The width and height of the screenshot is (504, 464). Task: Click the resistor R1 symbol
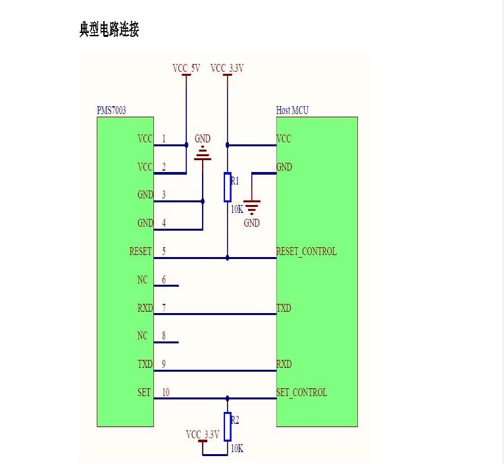coord(228,187)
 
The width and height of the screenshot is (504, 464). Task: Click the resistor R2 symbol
coord(228,426)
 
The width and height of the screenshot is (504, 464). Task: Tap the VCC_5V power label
coord(186,69)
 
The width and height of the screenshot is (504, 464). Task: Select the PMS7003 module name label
coord(112,111)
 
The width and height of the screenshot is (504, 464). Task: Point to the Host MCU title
coord(292,110)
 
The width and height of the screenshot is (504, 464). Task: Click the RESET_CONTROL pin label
coord(307,251)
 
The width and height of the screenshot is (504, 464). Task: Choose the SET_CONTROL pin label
coord(301,392)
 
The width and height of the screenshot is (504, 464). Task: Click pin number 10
coord(166,392)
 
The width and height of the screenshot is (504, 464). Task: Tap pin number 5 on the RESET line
coord(164,251)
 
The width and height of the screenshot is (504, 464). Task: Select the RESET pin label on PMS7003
coord(140,251)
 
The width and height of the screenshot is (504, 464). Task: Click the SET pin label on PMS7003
coord(144,392)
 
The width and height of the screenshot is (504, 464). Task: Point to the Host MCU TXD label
coord(284,308)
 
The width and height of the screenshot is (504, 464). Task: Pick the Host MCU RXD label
coord(284,364)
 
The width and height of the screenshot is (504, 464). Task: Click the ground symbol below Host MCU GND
coord(252,207)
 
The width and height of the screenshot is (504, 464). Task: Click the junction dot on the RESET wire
coord(228,258)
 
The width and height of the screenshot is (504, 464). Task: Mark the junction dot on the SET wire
coord(228,399)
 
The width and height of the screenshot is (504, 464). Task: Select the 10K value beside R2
coord(238,448)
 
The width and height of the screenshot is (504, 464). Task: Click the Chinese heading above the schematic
coord(109,29)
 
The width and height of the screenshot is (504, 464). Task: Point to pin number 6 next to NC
coord(164,279)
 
